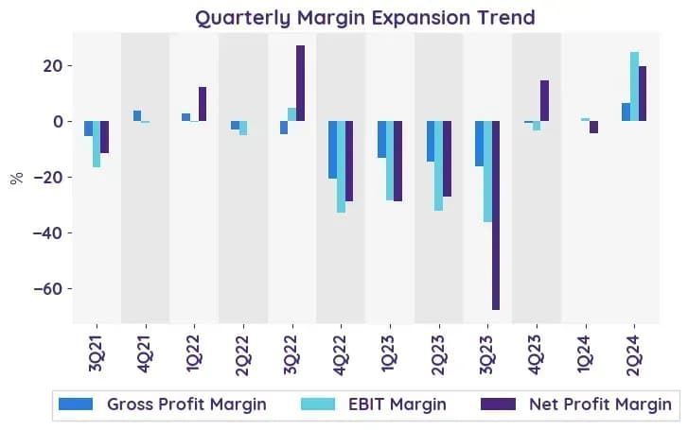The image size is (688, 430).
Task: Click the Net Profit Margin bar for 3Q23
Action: [x=495, y=215]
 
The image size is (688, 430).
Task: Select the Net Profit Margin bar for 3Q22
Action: [x=300, y=83]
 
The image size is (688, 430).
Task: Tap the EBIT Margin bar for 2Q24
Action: [x=634, y=86]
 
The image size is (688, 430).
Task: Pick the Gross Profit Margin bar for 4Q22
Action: [x=332, y=149]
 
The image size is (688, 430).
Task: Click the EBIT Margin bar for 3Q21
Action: [x=97, y=145]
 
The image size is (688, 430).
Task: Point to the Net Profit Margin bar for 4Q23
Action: [x=544, y=101]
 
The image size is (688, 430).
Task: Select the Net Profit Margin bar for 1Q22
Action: [x=203, y=104]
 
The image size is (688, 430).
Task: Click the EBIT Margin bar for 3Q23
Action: [x=487, y=171]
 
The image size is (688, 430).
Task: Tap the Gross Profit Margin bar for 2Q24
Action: [x=626, y=112]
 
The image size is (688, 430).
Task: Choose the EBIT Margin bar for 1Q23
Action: [x=390, y=161]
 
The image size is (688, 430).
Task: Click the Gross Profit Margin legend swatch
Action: [x=76, y=404]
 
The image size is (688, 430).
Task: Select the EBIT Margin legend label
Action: [x=397, y=404]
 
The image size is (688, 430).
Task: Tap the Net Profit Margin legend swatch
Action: [x=498, y=404]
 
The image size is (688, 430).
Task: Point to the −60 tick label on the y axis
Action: [x=47, y=289]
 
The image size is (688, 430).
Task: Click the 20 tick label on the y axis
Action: [x=52, y=66]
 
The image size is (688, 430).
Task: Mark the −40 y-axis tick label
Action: [x=47, y=232]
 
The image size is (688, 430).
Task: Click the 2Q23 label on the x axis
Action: [x=438, y=355]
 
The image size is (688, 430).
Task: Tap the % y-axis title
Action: [x=17, y=179]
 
